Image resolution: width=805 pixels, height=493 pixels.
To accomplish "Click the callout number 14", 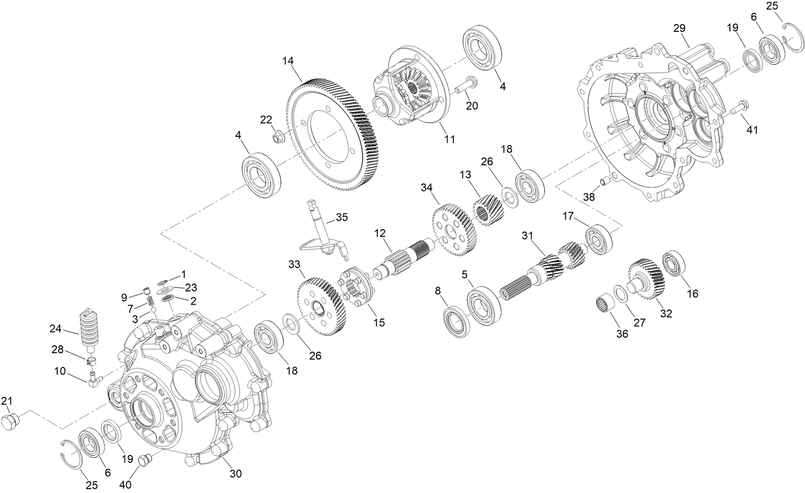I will (x=288, y=61).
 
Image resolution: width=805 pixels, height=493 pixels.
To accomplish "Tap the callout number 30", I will (x=236, y=474).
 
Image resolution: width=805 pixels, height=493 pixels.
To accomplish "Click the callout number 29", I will (x=679, y=28).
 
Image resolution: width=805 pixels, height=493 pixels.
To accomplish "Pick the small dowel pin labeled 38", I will (x=605, y=183).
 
